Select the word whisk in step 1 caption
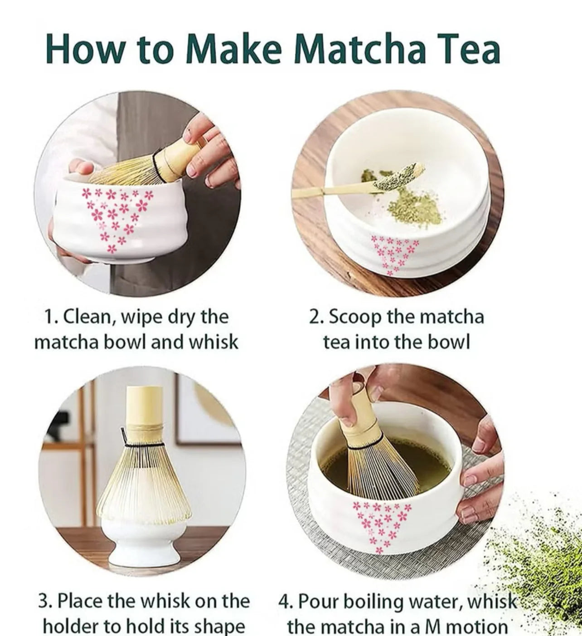(x=213, y=342)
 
